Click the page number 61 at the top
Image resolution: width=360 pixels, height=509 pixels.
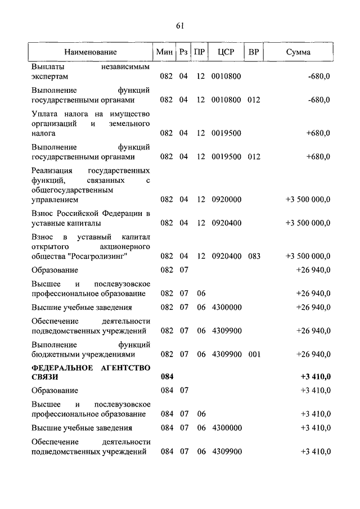pyautogui.click(x=180, y=25)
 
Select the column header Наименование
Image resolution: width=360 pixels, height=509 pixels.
pyautogui.click(x=90, y=52)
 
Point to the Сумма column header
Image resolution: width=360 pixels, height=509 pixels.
pyautogui.click(x=298, y=52)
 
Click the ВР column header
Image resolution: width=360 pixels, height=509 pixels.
pyautogui.click(x=254, y=52)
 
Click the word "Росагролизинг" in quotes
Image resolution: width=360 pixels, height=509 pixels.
pyautogui.click(x=101, y=256)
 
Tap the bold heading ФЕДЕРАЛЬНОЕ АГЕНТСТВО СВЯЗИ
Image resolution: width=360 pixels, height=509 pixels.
pyautogui.click(x=90, y=373)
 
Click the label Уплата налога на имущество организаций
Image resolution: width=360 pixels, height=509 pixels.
pyautogui.click(x=90, y=124)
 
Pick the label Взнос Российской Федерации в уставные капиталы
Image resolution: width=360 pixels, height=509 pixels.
pyautogui.click(x=90, y=218)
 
